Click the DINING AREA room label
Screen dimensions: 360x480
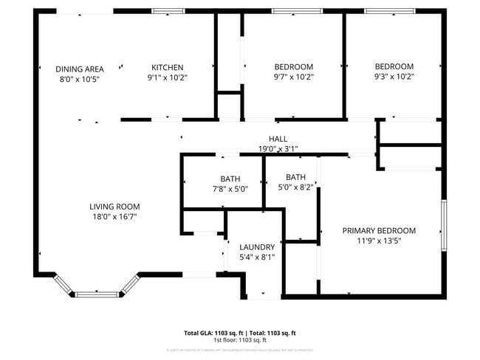tap(79, 69)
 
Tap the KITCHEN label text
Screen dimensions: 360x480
tap(167, 67)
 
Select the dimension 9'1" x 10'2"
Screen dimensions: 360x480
tap(167, 77)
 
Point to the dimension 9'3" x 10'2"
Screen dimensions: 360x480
tap(394, 76)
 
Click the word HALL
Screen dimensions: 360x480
tap(278, 139)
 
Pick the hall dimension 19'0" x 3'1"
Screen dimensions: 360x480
tap(278, 149)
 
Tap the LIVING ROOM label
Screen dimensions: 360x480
tap(114, 207)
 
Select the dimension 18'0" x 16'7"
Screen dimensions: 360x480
tap(114, 217)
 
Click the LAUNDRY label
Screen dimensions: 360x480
tap(257, 247)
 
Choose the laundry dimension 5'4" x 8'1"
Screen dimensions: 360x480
tap(257, 257)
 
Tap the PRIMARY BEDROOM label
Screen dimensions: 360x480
tap(379, 230)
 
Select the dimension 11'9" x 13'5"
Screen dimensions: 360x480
tap(379, 240)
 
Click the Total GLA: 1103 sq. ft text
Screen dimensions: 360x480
tap(214, 333)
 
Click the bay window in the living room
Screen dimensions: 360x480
tap(97, 294)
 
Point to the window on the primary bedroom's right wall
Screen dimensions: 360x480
tap(444, 225)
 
